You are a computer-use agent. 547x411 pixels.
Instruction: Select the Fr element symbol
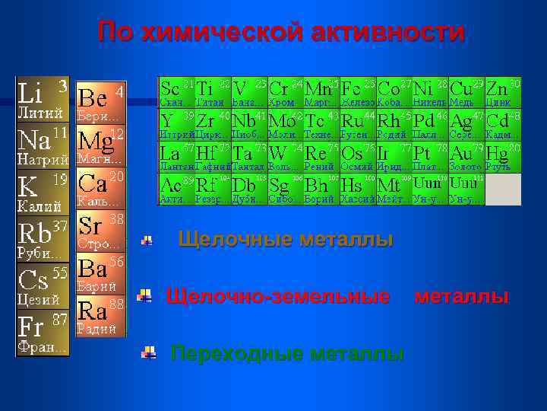pos(31,328)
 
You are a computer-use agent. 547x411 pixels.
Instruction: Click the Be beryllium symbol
pos(92,97)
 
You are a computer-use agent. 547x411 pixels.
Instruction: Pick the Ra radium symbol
pos(92,311)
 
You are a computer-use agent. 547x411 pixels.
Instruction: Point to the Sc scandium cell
pos(176,92)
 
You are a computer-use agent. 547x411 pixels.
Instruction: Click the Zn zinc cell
pos(503,92)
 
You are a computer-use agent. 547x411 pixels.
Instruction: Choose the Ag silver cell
pos(466,125)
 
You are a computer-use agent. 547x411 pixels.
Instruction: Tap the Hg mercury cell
pos(503,157)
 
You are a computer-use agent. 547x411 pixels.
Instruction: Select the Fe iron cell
pos(358,92)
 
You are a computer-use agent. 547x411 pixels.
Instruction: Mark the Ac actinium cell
pos(176,190)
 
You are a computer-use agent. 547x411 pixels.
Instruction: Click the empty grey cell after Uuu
pos(503,190)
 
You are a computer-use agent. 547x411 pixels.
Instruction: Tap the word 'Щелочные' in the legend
pos(235,241)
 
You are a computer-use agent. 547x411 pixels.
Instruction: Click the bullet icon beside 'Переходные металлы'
pos(150,352)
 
